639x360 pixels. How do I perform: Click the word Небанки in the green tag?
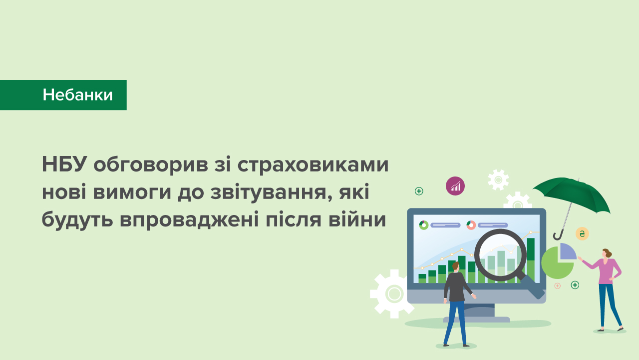pos(77,95)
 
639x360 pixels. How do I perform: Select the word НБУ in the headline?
pos(64,165)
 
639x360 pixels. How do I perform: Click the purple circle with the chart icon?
pos(455,186)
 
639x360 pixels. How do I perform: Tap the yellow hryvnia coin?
pos(582,233)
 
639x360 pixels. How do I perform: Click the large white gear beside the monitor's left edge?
pos(392,293)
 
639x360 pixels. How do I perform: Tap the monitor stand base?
pos(477,319)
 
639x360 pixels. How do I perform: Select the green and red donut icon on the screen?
pos(471,225)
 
